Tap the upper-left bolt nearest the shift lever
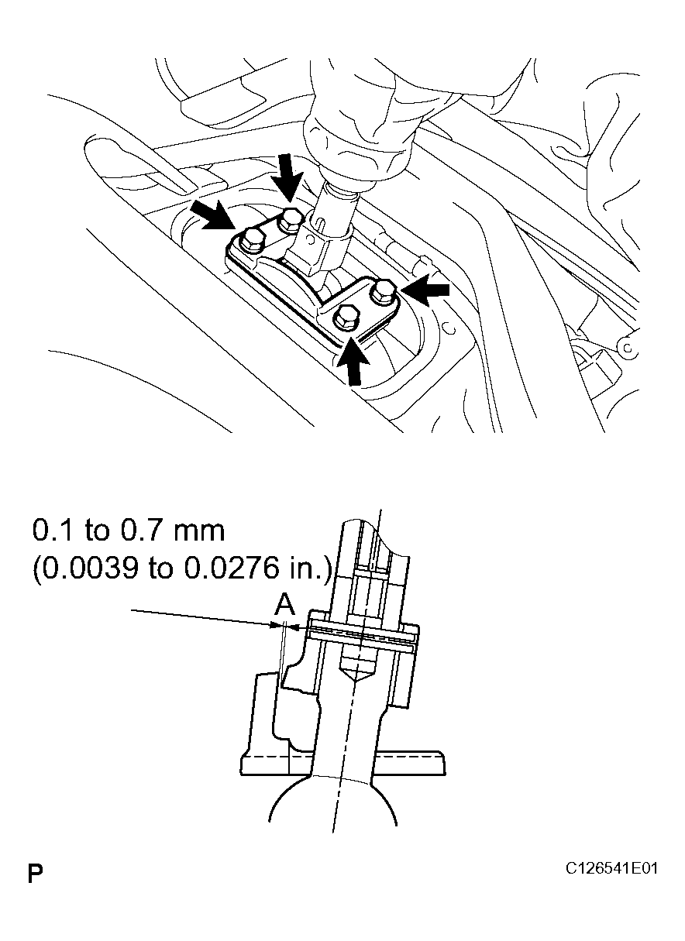(290, 220)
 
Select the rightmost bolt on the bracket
(384, 291)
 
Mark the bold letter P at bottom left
(35, 875)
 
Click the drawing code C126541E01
(612, 869)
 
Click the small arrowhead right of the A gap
(296, 626)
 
